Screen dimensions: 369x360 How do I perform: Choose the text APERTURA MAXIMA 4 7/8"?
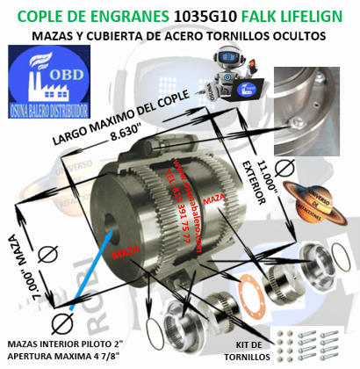click(x=66, y=356)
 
